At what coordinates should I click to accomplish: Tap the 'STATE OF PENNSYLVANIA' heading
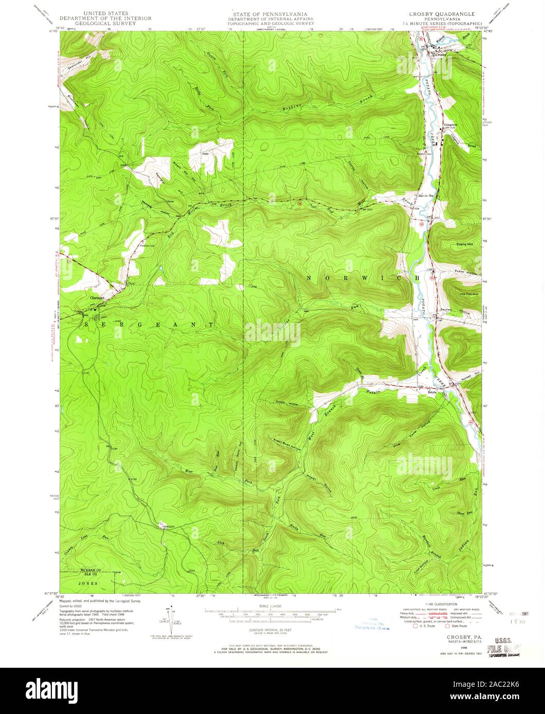click(272, 14)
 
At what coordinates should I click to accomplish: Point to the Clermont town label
click(97, 298)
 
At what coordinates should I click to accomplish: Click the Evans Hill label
click(464, 245)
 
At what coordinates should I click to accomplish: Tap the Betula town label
click(432, 392)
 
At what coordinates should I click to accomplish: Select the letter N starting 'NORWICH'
click(309, 277)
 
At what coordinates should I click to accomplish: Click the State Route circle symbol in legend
click(447, 626)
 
